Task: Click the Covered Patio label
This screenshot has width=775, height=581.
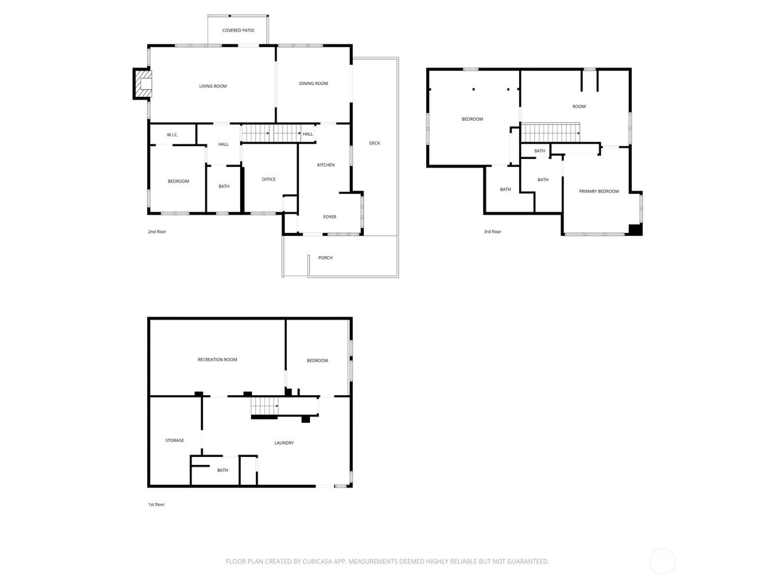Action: point(238,30)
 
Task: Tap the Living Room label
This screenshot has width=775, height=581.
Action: point(213,86)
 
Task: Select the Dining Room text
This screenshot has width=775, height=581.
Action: point(313,84)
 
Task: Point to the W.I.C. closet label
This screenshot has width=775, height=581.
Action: point(172,135)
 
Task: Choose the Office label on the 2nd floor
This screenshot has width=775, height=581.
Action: point(268,179)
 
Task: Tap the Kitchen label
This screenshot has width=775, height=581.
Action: point(325,165)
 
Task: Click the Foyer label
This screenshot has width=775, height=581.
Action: point(329,217)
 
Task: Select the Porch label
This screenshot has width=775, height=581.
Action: point(325,258)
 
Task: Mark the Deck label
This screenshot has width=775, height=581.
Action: point(375,143)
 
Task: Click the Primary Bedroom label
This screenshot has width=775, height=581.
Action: point(598,191)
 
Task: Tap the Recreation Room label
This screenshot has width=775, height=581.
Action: point(217,360)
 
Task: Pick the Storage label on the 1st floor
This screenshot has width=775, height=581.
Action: point(174,440)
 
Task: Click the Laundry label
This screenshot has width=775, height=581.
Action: point(284,443)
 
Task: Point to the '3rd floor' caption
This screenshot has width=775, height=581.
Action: point(492,232)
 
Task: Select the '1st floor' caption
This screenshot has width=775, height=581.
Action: point(156,505)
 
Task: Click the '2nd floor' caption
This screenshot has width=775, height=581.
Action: point(157,232)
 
